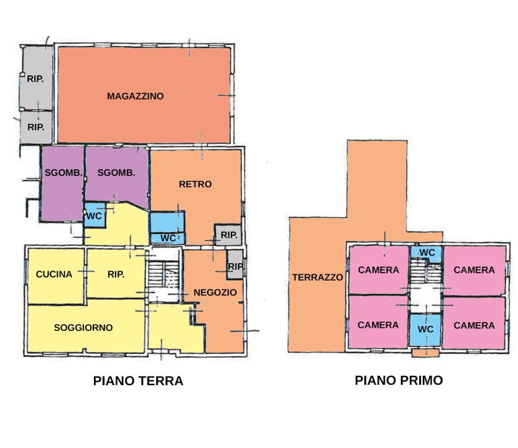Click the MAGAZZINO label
(135, 96)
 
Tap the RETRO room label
(195, 184)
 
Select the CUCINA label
(54, 274)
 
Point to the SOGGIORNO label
(83, 327)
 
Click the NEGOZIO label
(216, 292)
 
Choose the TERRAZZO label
(318, 278)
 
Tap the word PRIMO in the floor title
(420, 380)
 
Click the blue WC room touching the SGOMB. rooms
(95, 215)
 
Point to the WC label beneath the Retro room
(168, 238)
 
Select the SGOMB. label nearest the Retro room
(116, 173)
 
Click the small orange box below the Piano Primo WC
(425, 353)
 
